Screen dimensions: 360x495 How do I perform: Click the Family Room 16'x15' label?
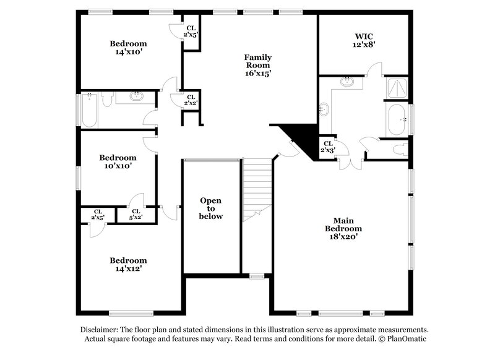click(x=257, y=65)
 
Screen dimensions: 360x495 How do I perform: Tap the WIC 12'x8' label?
click(x=363, y=41)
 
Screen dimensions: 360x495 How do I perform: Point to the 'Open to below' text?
click(x=210, y=208)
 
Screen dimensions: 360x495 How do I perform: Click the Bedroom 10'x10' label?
click(x=118, y=162)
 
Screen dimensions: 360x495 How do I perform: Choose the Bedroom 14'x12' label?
click(x=128, y=265)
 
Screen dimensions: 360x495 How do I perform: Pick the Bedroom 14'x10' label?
click(x=128, y=48)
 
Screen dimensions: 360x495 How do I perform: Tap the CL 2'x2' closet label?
click(x=191, y=100)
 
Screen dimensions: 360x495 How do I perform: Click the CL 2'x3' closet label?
click(x=327, y=147)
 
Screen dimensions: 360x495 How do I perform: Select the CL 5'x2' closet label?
click(x=136, y=215)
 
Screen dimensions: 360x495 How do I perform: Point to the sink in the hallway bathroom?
click(x=136, y=96)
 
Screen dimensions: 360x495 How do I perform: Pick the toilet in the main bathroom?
click(x=400, y=149)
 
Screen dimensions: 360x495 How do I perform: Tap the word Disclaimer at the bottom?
click(x=101, y=330)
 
